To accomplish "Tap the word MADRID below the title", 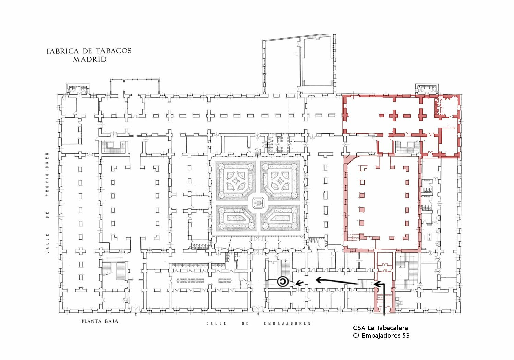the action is pos(90,59).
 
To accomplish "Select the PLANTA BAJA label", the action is pos(100,321).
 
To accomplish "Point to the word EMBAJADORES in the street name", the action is pos(287,324).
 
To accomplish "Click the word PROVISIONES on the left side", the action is pos(47,174).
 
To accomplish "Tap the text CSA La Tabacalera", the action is pos(380,328).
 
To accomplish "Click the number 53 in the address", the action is pos(406,336).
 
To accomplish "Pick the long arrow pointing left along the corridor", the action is pos(337,282).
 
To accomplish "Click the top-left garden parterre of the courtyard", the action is pos(236,180).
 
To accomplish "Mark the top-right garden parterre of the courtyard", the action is pos(280,180).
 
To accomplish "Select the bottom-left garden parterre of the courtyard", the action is pos(236,218).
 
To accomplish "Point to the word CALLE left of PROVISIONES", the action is pos(47,243).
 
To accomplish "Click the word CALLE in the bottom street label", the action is pos(216,324).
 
